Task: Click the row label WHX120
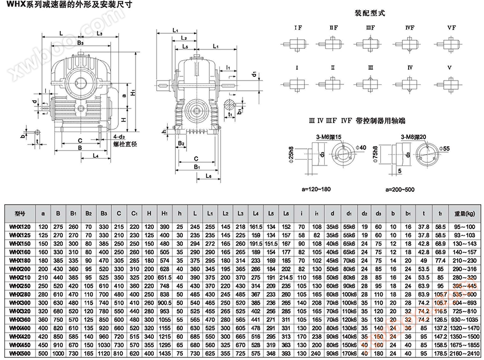coord(20,226)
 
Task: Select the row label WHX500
coord(20,354)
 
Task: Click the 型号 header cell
coord(20,213)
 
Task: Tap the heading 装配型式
coord(371,12)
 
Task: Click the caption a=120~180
coord(317,189)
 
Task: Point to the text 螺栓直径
coord(126,145)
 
